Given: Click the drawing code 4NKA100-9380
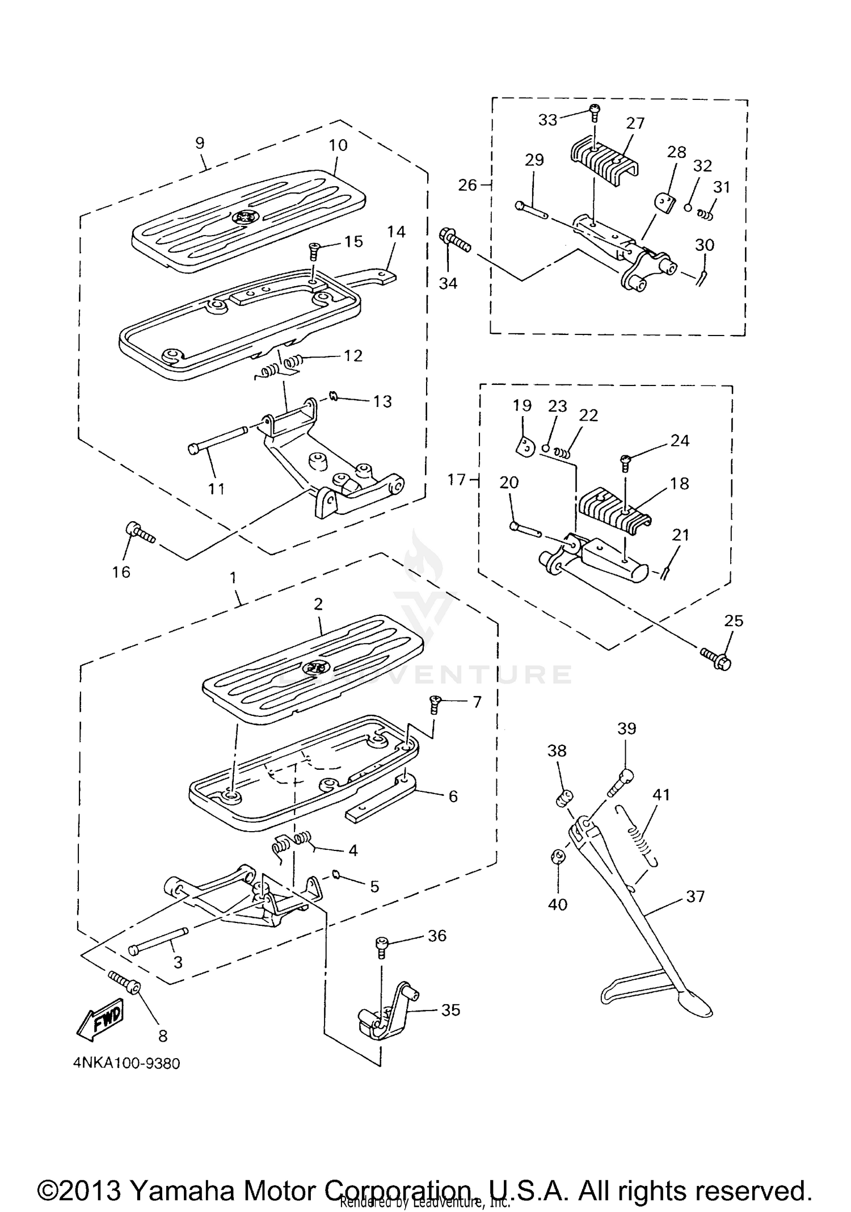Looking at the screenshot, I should tap(126, 1063).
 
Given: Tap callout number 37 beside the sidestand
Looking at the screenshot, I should tap(695, 896).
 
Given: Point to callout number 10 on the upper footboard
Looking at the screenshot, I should tap(338, 145).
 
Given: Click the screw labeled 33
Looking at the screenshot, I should tap(594, 113).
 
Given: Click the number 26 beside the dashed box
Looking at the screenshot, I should tap(467, 185).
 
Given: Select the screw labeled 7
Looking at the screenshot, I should tap(435, 703).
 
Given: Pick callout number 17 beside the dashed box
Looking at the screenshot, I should tap(456, 480).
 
